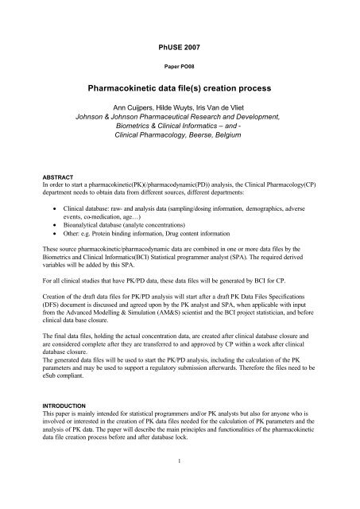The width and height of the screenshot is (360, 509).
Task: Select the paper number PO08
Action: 180,66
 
